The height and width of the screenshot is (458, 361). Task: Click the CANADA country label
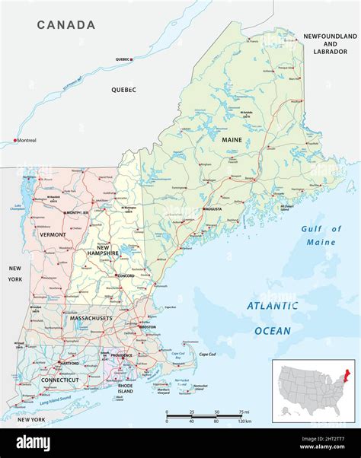[x=67, y=25]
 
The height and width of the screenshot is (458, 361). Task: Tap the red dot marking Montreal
[x=14, y=141]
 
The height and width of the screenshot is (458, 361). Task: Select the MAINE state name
[x=232, y=140]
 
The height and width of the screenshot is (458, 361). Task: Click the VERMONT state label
[x=53, y=235]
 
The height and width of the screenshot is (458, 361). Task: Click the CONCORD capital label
[x=126, y=276]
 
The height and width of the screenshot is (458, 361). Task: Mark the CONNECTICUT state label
[x=60, y=380]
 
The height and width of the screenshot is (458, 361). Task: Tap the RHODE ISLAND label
[x=125, y=387]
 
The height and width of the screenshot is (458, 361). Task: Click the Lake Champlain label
[x=18, y=208]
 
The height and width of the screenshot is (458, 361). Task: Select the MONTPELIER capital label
[x=76, y=213]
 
